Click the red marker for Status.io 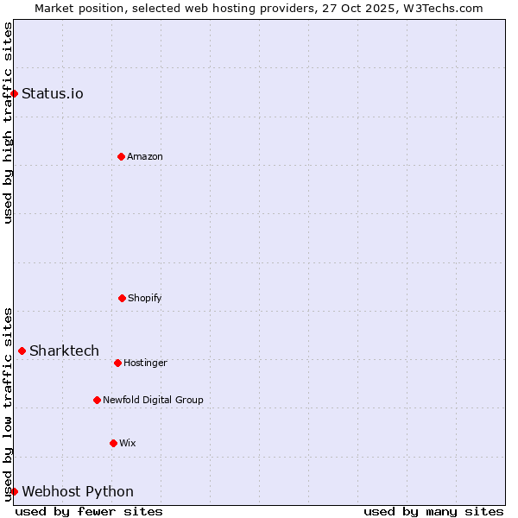(14, 93)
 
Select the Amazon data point (121, 156)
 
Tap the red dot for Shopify (122, 298)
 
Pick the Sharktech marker (22, 351)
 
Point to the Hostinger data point (117, 363)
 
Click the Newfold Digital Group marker (97, 400)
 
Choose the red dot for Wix (113, 443)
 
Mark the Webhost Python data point (14, 491)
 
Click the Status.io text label (53, 93)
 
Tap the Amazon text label (145, 156)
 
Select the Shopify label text (145, 298)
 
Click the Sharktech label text (64, 351)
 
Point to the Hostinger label (145, 363)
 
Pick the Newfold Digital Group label (153, 400)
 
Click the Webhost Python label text (78, 491)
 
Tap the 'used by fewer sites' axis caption (89, 511)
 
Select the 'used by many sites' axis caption (433, 511)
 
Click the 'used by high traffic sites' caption (8, 123)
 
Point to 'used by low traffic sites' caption (8, 404)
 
